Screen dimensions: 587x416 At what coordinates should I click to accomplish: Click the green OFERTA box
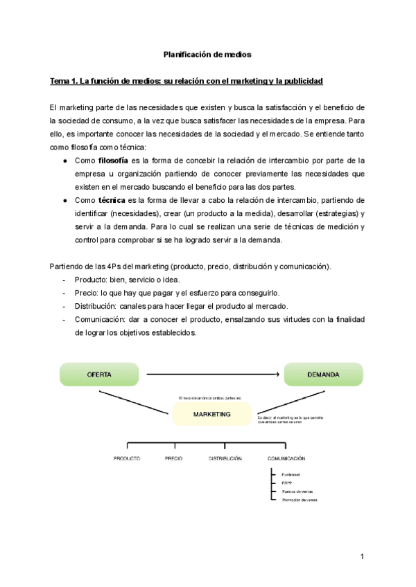(99, 374)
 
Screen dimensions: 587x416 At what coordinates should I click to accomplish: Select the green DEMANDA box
(322, 374)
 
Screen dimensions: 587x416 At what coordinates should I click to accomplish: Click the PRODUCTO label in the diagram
(127, 459)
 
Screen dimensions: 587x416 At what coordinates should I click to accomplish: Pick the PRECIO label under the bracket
(173, 459)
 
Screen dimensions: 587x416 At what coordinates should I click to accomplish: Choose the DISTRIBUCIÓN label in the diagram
(225, 459)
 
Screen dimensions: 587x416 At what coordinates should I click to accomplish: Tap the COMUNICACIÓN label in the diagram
(286, 459)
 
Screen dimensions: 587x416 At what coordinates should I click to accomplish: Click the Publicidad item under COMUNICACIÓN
(291, 474)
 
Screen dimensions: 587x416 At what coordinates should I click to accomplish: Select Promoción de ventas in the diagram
(300, 499)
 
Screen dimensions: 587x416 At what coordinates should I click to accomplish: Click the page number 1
(362, 557)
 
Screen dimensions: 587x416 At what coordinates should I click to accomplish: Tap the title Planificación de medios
(207, 53)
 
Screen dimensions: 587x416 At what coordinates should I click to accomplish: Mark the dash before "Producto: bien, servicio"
(64, 280)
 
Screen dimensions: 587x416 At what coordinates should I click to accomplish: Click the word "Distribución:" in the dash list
(96, 306)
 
